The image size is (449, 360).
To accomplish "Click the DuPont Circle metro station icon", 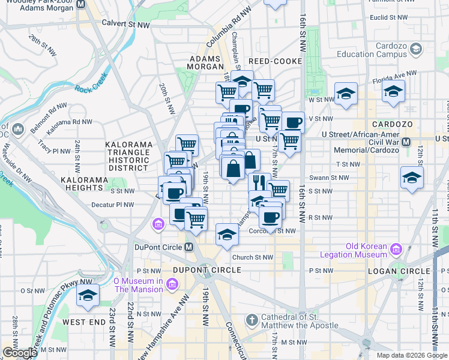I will (x=188, y=247).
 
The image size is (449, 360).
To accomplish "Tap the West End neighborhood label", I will (x=84, y=322).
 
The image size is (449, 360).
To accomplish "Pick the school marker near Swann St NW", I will (x=411, y=178).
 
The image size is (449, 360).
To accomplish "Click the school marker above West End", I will (x=88, y=295).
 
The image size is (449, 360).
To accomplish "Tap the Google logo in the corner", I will (x=19, y=353).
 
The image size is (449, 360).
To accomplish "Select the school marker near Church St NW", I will (x=228, y=234).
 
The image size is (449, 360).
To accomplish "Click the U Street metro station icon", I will (x=406, y=142).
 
